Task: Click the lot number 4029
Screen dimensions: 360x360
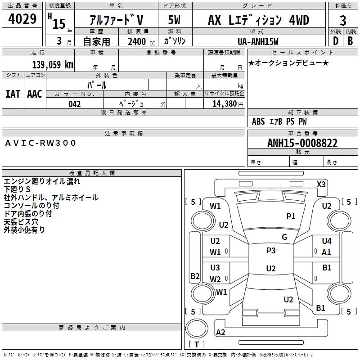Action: [x=22, y=19]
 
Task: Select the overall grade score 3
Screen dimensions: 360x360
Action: [x=343, y=20]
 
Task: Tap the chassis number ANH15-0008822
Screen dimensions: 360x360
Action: [x=302, y=143]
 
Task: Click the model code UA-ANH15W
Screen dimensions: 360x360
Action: [x=258, y=41]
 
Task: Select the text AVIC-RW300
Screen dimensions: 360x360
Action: [x=41, y=143]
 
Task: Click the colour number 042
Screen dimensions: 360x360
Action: [x=75, y=104]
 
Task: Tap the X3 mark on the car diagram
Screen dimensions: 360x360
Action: [x=321, y=184]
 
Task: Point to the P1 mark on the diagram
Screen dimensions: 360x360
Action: [x=291, y=216]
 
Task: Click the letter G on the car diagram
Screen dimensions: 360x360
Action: [x=284, y=237]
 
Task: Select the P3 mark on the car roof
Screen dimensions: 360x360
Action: [x=271, y=251]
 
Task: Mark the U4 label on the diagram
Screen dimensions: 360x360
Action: [x=327, y=241]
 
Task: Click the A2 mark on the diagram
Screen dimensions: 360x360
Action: [x=221, y=333]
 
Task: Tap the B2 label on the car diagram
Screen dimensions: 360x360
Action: [x=195, y=276]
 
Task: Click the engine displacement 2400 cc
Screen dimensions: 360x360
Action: [x=139, y=41]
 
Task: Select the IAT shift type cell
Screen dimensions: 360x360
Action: [x=13, y=94]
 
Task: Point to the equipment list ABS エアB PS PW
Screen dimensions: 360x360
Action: [x=280, y=121]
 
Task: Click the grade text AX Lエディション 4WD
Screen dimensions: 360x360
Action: [x=259, y=20]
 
